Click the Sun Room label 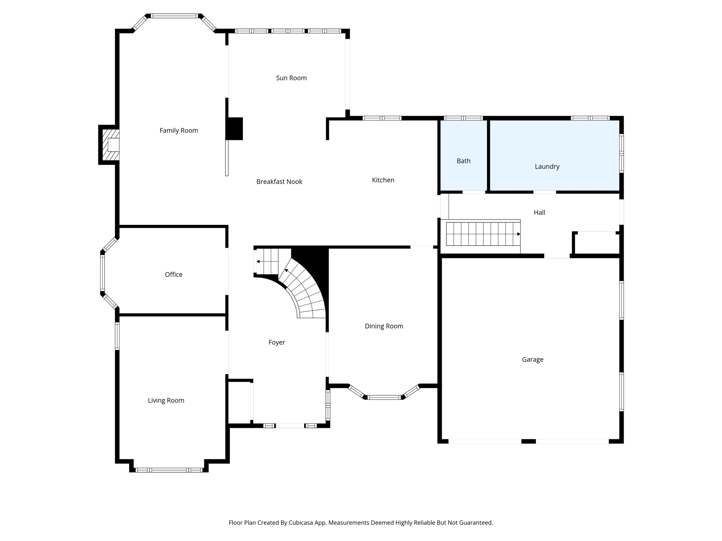[291, 78]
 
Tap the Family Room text [179, 130]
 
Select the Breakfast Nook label [279, 181]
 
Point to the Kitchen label [383, 180]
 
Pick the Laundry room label [547, 167]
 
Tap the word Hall [539, 212]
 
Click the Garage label [532, 359]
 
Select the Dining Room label [384, 326]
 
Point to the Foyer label [276, 342]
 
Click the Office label [173, 274]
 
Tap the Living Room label [166, 400]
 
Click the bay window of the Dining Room [384, 397]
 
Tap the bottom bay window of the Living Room [169, 470]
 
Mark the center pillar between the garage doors [528, 441]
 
